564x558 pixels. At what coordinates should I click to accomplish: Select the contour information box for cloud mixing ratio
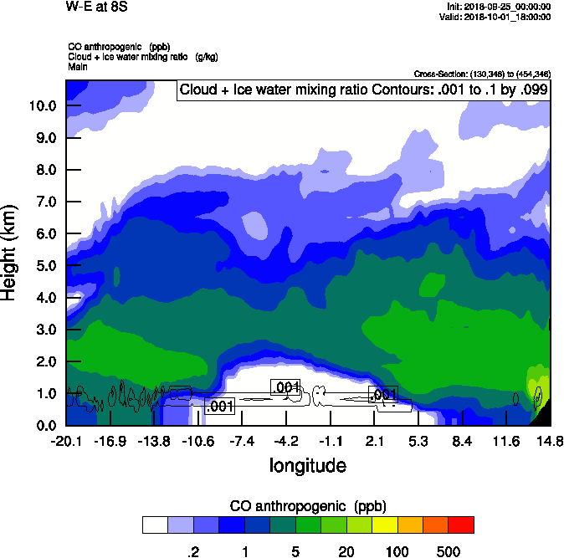click(363, 91)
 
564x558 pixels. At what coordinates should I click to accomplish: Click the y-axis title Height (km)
click(11, 253)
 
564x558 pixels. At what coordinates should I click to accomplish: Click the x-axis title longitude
click(307, 465)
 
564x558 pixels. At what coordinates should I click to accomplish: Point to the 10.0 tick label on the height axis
click(42, 106)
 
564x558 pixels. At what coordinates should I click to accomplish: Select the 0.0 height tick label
click(45, 425)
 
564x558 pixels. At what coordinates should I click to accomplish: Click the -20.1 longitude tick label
click(65, 441)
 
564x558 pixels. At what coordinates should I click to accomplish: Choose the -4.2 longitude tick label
click(286, 441)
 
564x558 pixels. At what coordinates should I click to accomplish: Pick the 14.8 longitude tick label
click(550, 441)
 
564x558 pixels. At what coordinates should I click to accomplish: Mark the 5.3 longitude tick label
click(418, 441)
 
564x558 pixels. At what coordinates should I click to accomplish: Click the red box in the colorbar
click(460, 525)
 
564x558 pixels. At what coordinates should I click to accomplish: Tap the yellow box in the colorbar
click(384, 525)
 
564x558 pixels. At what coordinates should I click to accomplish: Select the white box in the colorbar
click(155, 525)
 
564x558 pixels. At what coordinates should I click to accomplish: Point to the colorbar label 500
click(449, 550)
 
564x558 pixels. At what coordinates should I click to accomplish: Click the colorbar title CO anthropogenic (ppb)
click(307, 506)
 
